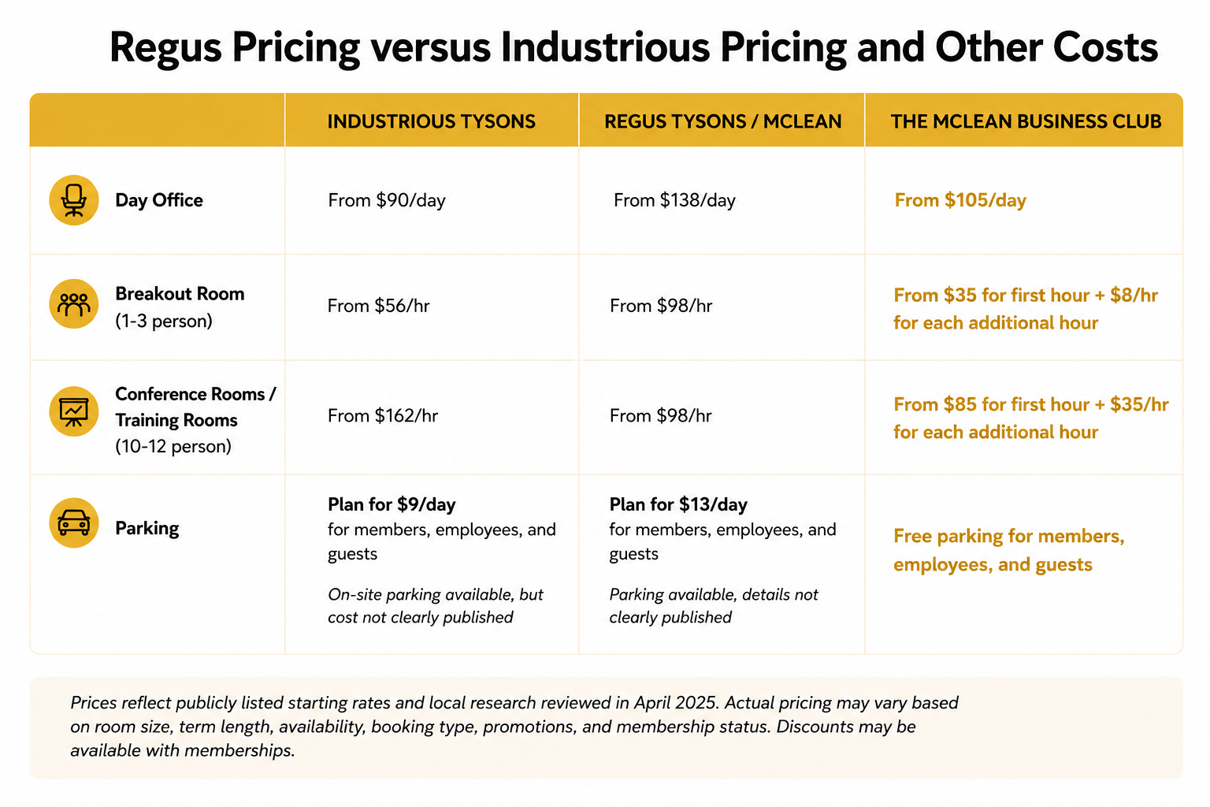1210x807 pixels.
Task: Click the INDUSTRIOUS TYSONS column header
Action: pos(431,121)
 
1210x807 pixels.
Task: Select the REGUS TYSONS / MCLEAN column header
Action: pos(722,121)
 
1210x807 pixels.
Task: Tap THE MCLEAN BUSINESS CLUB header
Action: pos(1026,121)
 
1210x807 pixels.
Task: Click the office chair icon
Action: pos(74,200)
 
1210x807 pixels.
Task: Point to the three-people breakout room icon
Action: pos(74,303)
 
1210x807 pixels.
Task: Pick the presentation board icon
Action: pos(74,411)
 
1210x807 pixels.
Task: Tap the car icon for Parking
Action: pos(74,523)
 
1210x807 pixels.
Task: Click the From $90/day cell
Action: pos(387,200)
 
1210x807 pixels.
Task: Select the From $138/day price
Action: pos(674,200)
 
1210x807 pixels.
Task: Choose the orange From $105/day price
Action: pos(960,200)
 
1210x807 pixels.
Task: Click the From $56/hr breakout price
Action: pos(379,306)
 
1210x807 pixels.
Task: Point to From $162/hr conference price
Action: pos(382,415)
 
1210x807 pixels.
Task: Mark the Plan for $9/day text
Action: pos(392,504)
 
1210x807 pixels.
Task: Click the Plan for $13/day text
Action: pos(678,504)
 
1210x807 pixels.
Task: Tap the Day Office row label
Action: pos(159,200)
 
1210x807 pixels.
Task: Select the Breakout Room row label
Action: pos(180,294)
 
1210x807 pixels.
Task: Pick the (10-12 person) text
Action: pos(173,447)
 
